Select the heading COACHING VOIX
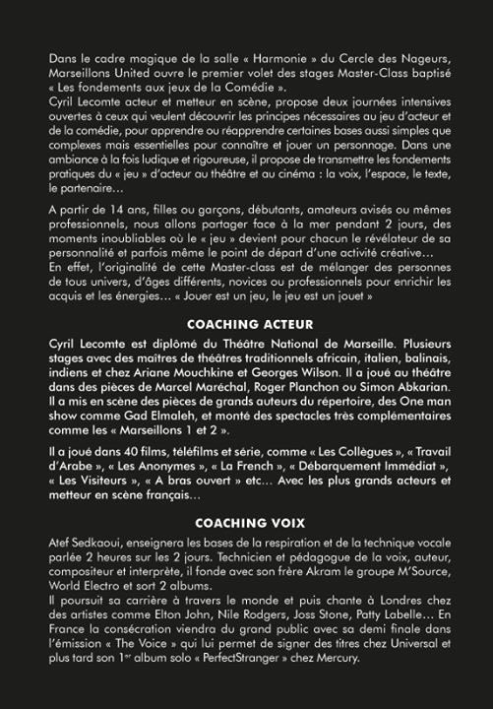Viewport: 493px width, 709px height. (x=249, y=522)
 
